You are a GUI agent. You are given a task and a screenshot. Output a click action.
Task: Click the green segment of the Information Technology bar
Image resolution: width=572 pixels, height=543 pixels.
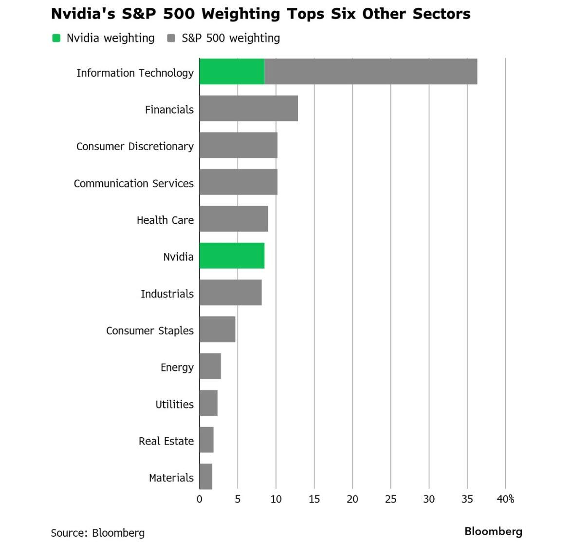coord(232,72)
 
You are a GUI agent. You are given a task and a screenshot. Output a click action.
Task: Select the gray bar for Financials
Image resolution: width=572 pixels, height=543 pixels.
coord(248,108)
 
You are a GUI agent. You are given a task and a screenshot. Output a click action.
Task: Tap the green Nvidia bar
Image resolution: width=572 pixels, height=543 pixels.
coord(232,256)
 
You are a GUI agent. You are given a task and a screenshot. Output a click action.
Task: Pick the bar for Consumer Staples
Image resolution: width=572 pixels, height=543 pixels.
coord(217,330)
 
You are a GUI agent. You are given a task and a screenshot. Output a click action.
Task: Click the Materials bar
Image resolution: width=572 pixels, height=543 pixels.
coord(206,477)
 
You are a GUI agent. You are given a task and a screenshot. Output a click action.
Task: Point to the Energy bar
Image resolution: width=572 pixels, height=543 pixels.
coord(210,366)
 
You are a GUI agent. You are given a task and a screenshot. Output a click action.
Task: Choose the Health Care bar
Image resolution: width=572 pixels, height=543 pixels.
coord(234,219)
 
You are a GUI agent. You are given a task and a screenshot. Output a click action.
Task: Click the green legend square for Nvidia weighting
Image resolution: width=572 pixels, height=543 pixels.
coord(56,38)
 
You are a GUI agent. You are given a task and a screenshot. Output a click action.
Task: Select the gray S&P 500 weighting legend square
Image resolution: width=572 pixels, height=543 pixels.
coord(171,38)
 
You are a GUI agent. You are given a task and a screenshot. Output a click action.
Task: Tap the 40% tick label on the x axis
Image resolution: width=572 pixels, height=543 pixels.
coord(505,499)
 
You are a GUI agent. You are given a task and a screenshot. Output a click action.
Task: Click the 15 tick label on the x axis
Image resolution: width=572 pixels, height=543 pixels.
coord(314,499)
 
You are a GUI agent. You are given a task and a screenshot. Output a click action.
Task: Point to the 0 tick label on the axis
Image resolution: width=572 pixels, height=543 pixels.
coord(199,499)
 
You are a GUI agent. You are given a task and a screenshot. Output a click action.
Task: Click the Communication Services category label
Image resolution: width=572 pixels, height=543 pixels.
coord(133,183)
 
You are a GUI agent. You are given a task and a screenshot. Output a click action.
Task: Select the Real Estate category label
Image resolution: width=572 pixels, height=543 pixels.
coord(166,441)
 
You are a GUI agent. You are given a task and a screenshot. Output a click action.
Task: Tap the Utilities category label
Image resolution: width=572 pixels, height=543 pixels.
coord(174,404)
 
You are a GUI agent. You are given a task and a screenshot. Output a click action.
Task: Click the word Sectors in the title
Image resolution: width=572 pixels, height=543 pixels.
coord(441,14)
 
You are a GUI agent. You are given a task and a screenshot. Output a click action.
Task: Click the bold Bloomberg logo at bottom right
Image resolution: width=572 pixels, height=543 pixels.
coord(493,531)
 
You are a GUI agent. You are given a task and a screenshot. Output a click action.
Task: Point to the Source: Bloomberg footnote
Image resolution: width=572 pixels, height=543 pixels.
coord(97,533)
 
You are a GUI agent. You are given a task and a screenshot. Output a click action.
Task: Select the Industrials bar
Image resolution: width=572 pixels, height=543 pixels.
coord(230,292)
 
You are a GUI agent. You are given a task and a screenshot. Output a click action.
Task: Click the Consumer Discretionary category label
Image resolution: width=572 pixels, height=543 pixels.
coord(135,146)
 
